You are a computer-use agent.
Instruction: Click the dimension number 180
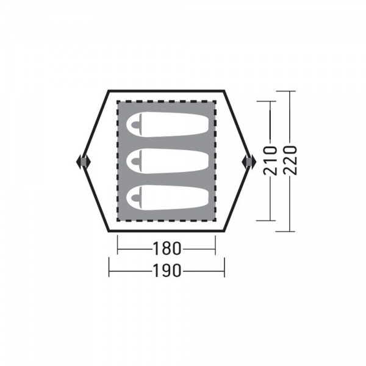(167, 248)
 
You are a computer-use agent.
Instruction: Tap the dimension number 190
(167, 271)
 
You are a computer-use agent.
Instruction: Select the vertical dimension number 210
(270, 160)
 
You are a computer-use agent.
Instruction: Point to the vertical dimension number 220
(290, 160)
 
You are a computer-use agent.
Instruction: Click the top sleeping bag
(167, 124)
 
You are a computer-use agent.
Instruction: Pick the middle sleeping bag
(167, 161)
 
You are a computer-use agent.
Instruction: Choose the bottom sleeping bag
(167, 197)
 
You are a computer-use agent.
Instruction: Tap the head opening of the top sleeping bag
(135, 125)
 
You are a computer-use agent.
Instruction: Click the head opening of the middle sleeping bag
(135, 161)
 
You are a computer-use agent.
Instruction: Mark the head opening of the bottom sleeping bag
(135, 198)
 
